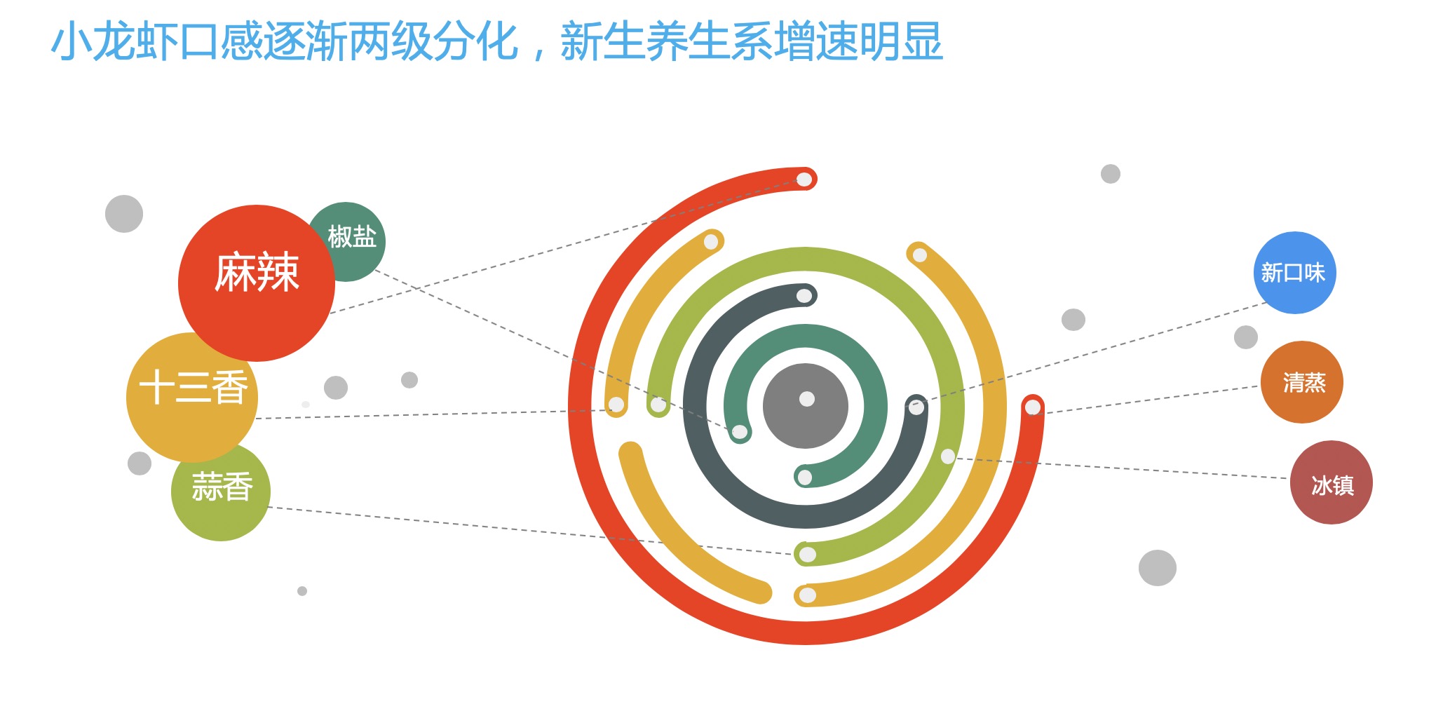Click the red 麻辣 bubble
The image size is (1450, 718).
point(257,283)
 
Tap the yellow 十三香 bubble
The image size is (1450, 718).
point(192,397)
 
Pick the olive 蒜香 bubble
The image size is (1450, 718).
point(221,492)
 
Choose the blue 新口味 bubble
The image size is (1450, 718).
point(1294,273)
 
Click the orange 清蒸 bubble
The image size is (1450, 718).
point(1301,382)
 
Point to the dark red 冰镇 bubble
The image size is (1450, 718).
point(1331,482)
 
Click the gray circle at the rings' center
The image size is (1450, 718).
point(806,406)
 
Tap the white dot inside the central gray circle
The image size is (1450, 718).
point(807,399)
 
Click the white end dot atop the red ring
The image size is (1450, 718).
point(804,179)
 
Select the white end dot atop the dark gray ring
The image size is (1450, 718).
point(804,296)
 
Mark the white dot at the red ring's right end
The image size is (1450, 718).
point(1033,407)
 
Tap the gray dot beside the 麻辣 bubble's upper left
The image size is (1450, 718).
point(124,214)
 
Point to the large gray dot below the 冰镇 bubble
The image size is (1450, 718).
point(1158,568)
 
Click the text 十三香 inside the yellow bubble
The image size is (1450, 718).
point(194,388)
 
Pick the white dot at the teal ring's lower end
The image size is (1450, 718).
point(805,477)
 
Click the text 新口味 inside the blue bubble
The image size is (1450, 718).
point(1294,273)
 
